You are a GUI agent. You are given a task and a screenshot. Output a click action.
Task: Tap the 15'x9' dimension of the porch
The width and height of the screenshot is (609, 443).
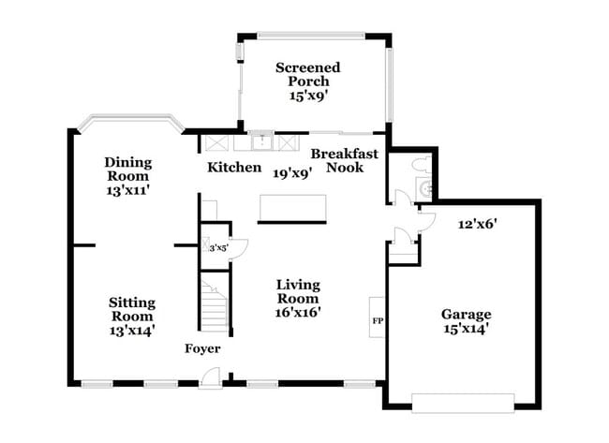[307, 95]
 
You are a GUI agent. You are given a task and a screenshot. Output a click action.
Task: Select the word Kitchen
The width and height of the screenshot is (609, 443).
[234, 168]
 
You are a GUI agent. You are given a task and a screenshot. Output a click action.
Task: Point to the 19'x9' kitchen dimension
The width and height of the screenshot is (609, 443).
[292, 172]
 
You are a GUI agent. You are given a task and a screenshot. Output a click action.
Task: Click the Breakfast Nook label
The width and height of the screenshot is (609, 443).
[345, 160]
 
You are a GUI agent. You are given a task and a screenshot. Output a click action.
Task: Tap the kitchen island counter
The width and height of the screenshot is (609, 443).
[292, 208]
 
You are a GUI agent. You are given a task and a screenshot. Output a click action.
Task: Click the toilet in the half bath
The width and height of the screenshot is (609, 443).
[420, 166]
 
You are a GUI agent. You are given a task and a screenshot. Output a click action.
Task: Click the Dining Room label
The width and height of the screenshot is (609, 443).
[127, 169]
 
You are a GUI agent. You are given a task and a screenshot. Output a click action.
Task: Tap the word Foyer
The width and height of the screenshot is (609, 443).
[202, 349]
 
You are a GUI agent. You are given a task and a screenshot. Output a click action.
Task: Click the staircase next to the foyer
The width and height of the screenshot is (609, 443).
[215, 300]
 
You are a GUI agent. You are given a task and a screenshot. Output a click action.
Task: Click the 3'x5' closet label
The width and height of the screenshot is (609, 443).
[217, 247]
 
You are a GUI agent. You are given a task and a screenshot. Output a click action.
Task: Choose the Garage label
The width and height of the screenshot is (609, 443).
[467, 315]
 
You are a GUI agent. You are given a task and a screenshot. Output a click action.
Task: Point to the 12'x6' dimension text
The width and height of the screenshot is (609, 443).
[477, 224]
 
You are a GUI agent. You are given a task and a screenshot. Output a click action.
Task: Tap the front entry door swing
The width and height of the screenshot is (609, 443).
[213, 376]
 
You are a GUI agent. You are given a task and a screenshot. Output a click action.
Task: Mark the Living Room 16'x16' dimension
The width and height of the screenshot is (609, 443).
[299, 313]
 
